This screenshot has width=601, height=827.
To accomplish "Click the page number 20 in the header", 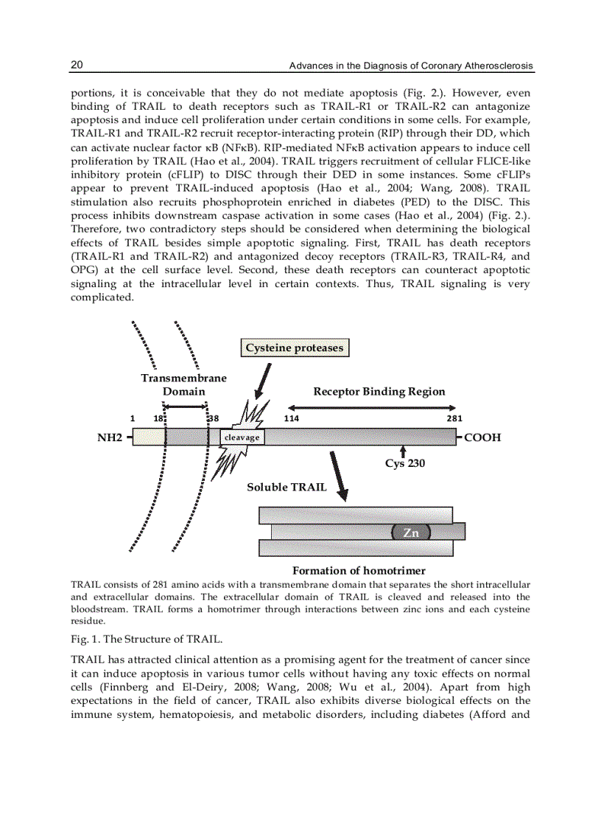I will pyautogui.click(x=77, y=66).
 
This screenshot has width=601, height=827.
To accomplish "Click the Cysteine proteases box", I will pyautogui.click(x=294, y=348).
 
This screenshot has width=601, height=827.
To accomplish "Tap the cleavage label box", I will pyautogui.click(x=242, y=437).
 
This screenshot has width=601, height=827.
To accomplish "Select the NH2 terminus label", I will pyautogui.click(x=110, y=437).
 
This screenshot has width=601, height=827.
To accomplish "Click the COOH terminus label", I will pyautogui.click(x=482, y=437).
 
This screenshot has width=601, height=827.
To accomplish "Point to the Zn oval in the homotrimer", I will pyautogui.click(x=411, y=532).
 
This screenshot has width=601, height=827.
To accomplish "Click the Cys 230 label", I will pyautogui.click(x=404, y=463).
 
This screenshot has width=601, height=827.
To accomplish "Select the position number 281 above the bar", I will pyautogui.click(x=454, y=418).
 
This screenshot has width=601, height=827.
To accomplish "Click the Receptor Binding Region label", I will pyautogui.click(x=379, y=391).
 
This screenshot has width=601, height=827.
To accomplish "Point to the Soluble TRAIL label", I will pyautogui.click(x=287, y=487).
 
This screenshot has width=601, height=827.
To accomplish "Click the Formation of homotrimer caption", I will pyautogui.click(x=359, y=571).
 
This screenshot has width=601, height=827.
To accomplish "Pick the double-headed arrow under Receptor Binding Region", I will pyautogui.click(x=371, y=407).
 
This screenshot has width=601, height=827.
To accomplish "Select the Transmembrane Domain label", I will pyautogui.click(x=183, y=384).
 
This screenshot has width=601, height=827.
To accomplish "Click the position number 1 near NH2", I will pyautogui.click(x=133, y=418).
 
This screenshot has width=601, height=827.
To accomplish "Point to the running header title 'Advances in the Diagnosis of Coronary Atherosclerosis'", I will pyautogui.click(x=410, y=66).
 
